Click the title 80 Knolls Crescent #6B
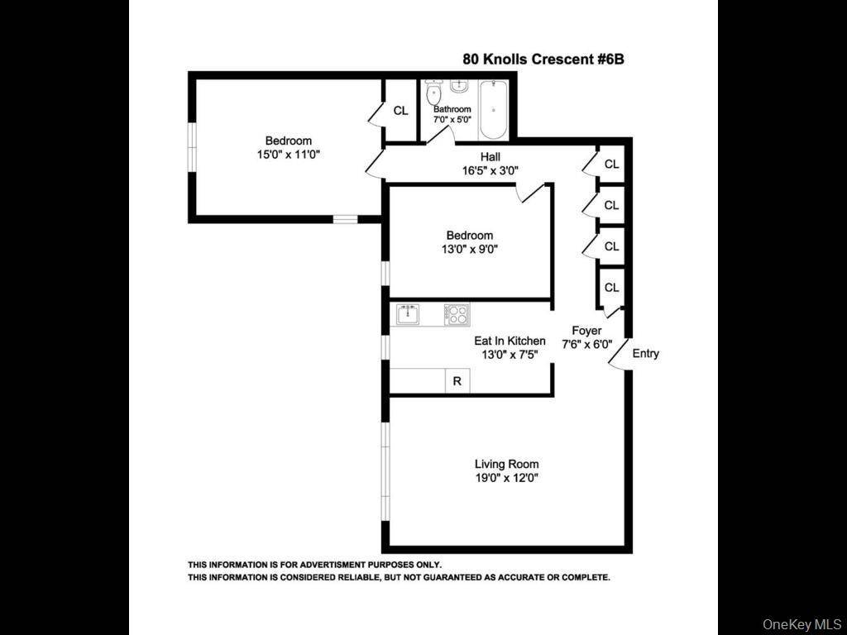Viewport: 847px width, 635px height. [548, 60]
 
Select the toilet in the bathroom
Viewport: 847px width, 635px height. [433, 93]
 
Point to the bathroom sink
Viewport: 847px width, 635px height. [460, 85]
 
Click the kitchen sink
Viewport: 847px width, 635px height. [405, 315]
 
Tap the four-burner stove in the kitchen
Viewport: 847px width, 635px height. [457, 315]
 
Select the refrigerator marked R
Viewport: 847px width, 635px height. [457, 381]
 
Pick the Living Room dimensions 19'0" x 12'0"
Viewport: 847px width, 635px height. [506, 478]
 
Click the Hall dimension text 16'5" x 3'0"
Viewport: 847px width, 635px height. [490, 171]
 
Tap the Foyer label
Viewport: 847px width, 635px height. [586, 331]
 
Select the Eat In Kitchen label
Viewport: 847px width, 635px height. [510, 341]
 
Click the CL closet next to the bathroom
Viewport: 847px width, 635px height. [400, 111]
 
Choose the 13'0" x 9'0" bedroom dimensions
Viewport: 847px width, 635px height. [470, 249]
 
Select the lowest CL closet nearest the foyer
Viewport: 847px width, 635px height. [611, 288]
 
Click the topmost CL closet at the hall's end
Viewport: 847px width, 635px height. [611, 165]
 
